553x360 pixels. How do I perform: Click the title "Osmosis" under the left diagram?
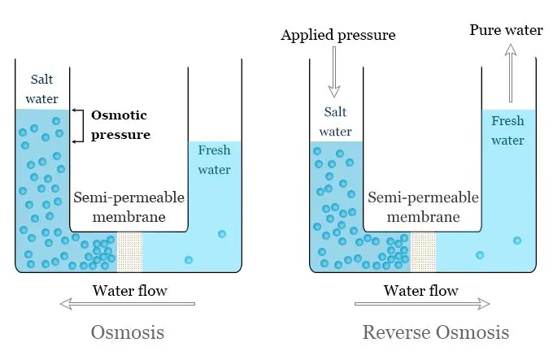point(128,332)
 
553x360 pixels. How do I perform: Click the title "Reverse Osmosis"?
point(436,332)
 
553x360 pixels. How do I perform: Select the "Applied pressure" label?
point(337,35)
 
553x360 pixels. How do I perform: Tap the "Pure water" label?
point(506,30)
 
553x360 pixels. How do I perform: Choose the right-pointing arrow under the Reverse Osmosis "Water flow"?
point(422,304)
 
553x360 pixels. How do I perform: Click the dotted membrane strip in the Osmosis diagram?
point(130,250)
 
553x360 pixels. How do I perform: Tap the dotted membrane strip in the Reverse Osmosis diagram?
point(423,250)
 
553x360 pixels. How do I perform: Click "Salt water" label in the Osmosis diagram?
point(45,89)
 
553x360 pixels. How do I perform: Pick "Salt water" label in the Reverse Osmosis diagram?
point(335,121)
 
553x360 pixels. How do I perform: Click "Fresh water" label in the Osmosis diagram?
point(215,159)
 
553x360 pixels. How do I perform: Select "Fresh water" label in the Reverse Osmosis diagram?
point(508,130)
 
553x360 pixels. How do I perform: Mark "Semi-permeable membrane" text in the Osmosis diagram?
point(128,207)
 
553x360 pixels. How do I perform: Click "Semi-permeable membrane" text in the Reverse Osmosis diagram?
point(422,207)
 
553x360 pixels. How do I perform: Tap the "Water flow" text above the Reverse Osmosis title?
point(420,290)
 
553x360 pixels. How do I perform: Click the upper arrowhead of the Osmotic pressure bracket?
point(76,111)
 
